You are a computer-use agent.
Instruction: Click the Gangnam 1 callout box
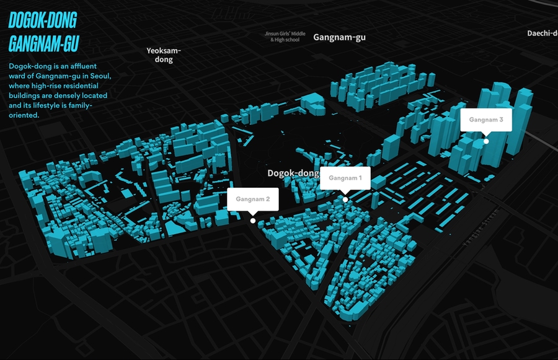345,178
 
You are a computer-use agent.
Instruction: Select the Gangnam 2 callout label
252,200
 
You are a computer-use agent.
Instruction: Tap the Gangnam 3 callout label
485,120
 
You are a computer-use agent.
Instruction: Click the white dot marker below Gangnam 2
252,221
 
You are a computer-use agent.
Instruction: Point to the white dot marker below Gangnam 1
345,199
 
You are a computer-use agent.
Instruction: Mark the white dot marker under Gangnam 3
486,141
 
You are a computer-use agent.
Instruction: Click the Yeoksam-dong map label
164,55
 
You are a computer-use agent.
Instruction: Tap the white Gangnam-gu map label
339,37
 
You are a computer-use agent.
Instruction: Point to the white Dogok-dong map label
293,173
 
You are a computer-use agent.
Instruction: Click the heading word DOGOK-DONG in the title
42,21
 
